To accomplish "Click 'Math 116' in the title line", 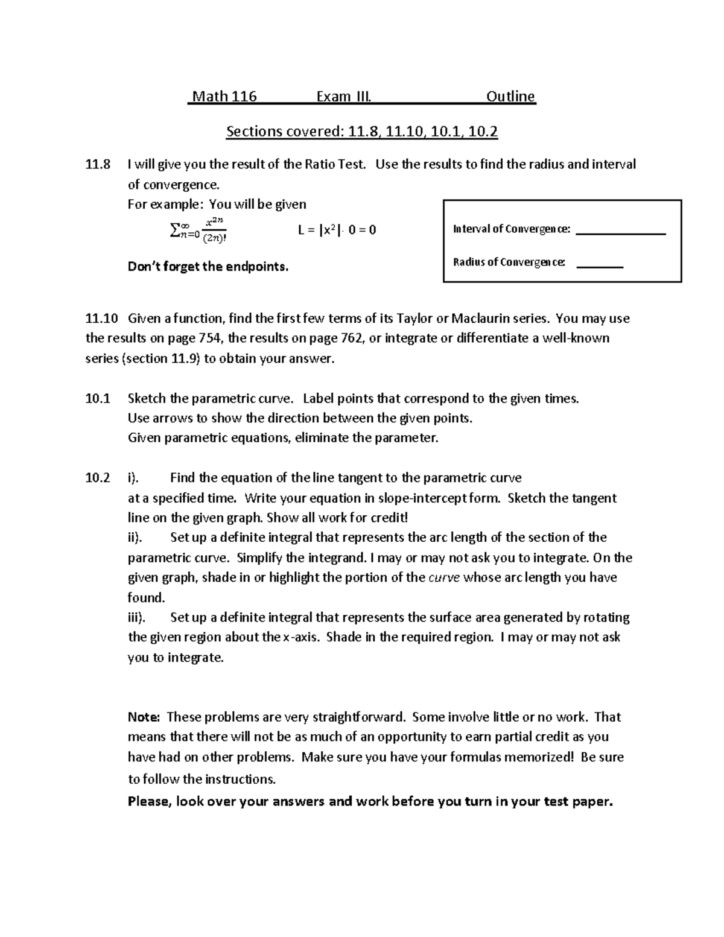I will pyautogui.click(x=224, y=97).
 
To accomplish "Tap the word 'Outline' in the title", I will pyautogui.click(x=510, y=97).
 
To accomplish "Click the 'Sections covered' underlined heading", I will pyautogui.click(x=362, y=132).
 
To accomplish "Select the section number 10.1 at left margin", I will pyautogui.click(x=98, y=399).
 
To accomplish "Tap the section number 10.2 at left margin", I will pyautogui.click(x=98, y=478).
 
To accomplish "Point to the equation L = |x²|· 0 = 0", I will pyautogui.click(x=337, y=230).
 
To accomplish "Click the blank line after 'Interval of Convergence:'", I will pyautogui.click(x=621, y=233).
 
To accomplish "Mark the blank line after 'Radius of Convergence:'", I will pyautogui.click(x=600, y=266).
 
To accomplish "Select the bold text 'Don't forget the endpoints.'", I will pyautogui.click(x=208, y=267).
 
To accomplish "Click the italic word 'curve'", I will pyautogui.click(x=444, y=578).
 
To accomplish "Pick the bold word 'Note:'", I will pyautogui.click(x=144, y=717).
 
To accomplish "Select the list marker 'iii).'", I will pyautogui.click(x=141, y=618).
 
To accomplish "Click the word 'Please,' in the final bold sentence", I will pyautogui.click(x=150, y=802).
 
